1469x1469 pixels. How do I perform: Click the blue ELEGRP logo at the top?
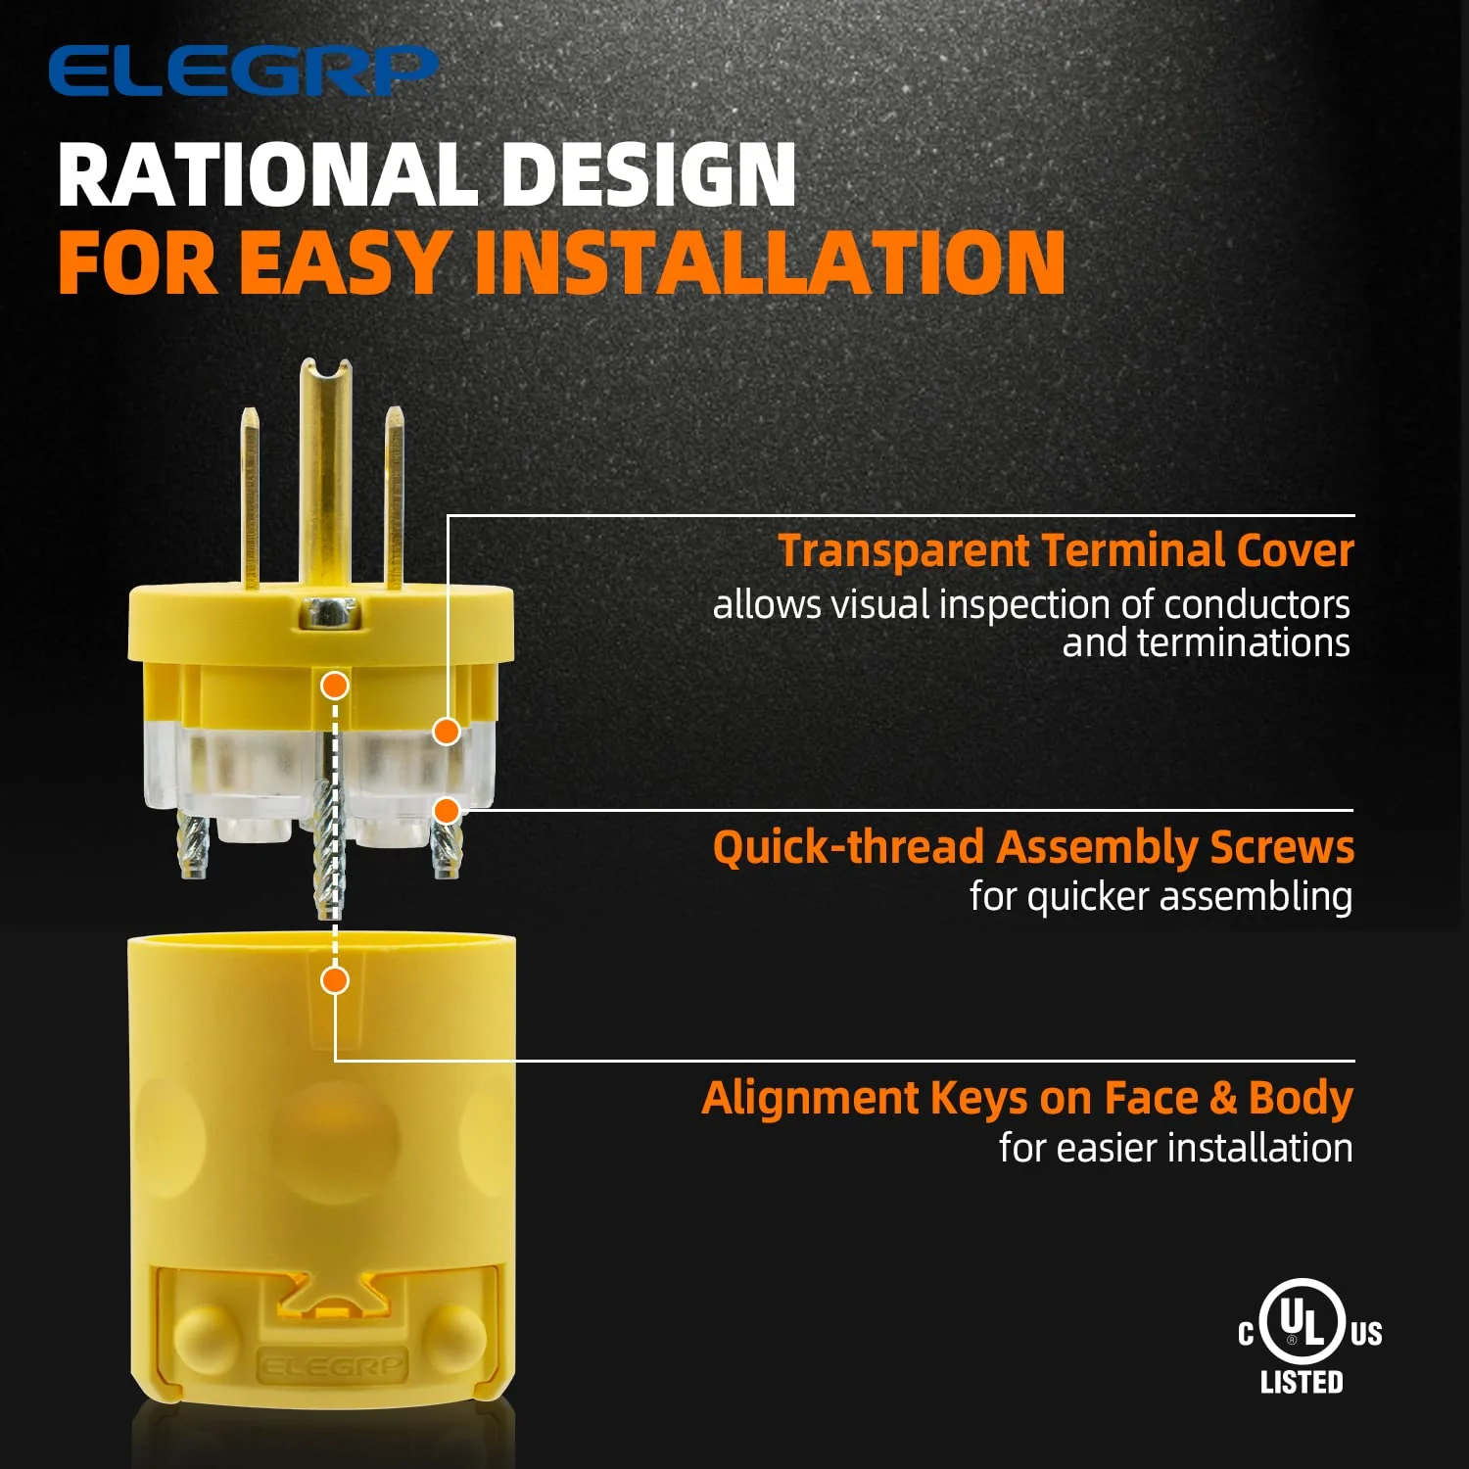pos(243,71)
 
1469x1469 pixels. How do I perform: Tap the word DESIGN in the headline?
pos(648,175)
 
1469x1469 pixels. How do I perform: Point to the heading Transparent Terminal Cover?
pos(1066,550)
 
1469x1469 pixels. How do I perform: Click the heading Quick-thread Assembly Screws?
pos(1033,847)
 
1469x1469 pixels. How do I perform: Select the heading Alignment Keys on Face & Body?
pos(1027,1098)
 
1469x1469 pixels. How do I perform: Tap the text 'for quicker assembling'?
pos(1161,896)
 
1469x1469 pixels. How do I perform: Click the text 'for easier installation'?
pos(1175,1148)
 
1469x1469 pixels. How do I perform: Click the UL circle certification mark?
pos(1302,1321)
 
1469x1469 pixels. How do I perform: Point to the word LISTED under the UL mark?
pos(1302,1382)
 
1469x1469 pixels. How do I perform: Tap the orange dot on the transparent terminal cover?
pos(447,731)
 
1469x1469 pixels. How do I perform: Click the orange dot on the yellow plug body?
pos(335,979)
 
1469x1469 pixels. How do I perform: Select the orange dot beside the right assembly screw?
pos(447,810)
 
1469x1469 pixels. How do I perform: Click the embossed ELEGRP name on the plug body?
pos(331,1365)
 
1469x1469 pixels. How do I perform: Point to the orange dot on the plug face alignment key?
pos(335,686)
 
